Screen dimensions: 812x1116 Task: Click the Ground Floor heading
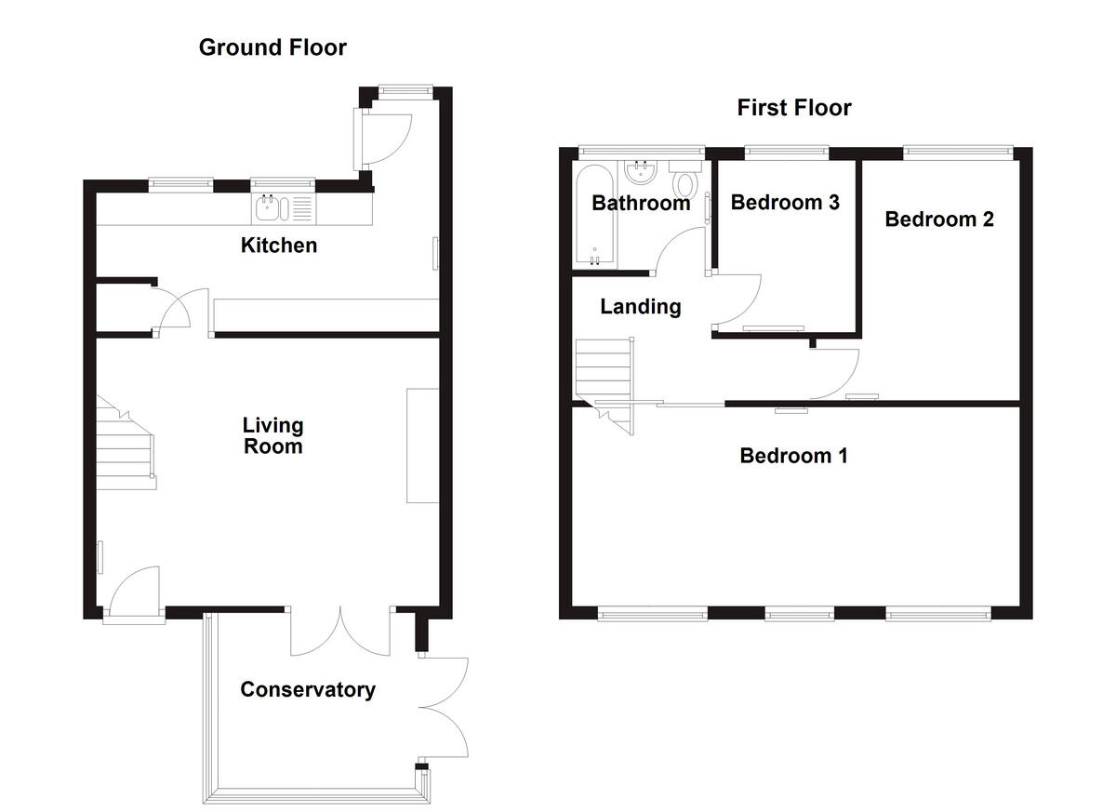pyautogui.click(x=272, y=47)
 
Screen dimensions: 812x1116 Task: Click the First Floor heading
pyautogui.click(x=794, y=108)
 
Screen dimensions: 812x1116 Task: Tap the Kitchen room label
pyautogui.click(x=279, y=246)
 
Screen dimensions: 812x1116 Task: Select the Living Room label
pyautogui.click(x=272, y=436)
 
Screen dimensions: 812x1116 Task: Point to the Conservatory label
pyautogui.click(x=308, y=690)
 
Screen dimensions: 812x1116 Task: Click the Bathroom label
pyautogui.click(x=641, y=203)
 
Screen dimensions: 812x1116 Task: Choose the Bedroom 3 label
pyautogui.click(x=785, y=202)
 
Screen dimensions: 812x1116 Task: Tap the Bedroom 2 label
pyautogui.click(x=939, y=220)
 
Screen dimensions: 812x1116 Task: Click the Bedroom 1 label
pyautogui.click(x=793, y=456)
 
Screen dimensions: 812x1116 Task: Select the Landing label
pyautogui.click(x=640, y=306)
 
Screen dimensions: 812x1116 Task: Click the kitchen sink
pyautogui.click(x=284, y=208)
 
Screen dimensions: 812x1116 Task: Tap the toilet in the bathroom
pyautogui.click(x=686, y=180)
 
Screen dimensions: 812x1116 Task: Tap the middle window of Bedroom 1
pyautogui.click(x=799, y=613)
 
